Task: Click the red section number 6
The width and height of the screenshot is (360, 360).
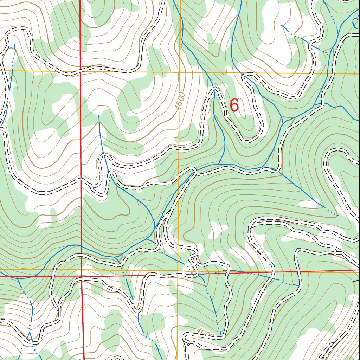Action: (x=234, y=106)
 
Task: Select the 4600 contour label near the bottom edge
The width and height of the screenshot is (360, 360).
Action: (x=205, y=333)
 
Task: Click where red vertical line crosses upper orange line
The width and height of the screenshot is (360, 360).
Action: (x=80, y=71)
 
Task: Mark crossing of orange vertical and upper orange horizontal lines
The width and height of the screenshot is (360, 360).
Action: (x=180, y=72)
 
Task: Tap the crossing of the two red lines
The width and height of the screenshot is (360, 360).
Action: (x=82, y=276)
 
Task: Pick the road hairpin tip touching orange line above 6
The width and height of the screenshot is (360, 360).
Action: (x=247, y=74)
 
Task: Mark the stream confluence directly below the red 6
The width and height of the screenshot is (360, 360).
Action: (x=220, y=164)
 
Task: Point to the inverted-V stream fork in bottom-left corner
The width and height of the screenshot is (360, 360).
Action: (x=30, y=333)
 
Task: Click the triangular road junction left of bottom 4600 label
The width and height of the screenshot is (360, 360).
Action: (x=186, y=343)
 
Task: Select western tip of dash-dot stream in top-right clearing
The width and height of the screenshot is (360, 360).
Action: (x=282, y=25)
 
